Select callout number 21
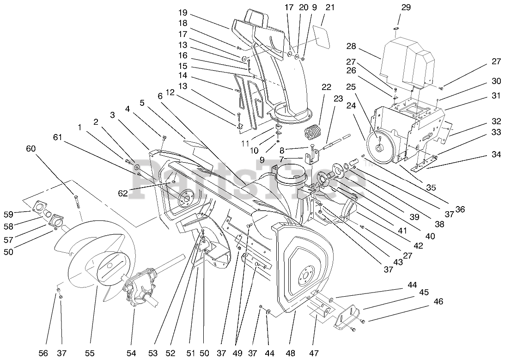click(x=330, y=7)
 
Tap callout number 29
click(x=406, y=7)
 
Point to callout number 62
click(x=123, y=194)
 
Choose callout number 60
click(x=31, y=149)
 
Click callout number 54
click(x=131, y=353)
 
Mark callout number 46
click(x=438, y=302)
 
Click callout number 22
click(x=326, y=88)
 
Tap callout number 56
click(x=43, y=353)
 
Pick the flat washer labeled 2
click(x=137, y=167)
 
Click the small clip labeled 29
click(x=396, y=29)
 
